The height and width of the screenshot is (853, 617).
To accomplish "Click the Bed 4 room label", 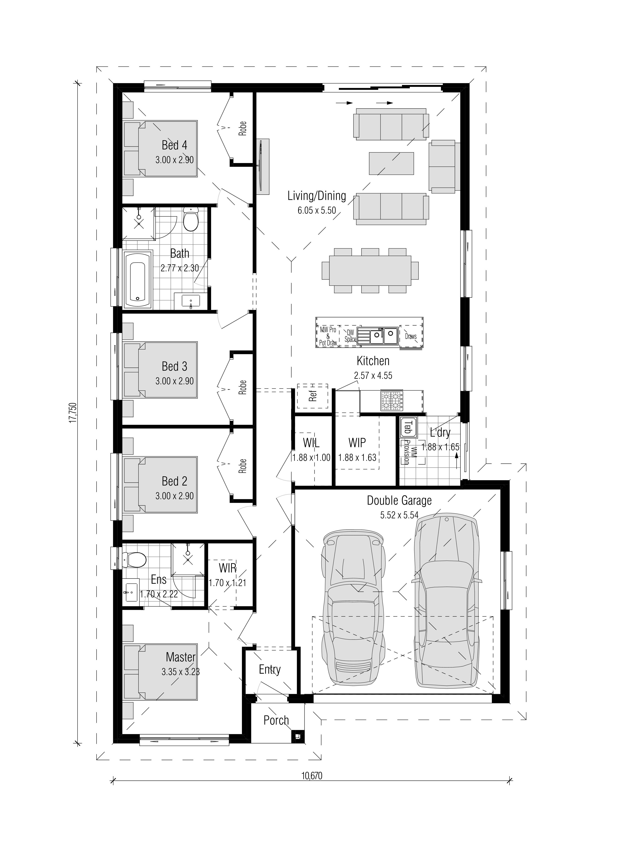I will pos(174,145).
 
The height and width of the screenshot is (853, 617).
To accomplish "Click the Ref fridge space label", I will pos(313,396).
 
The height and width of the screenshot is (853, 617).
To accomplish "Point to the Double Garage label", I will pos(399,501).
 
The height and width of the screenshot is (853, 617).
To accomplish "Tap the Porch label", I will pos(276,720).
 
